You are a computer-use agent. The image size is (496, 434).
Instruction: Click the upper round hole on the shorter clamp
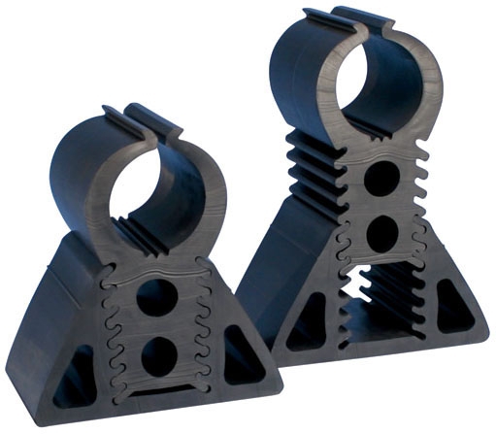[154, 297]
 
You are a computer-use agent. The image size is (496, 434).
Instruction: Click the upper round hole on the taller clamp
[381, 179]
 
